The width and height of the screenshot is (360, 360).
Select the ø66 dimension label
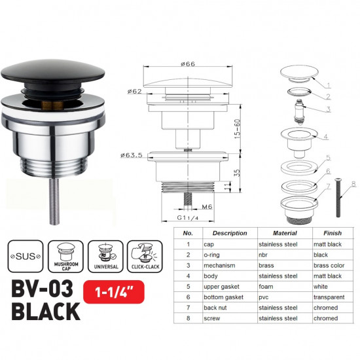[x=187, y=64]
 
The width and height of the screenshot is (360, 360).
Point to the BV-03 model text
[x=43, y=291]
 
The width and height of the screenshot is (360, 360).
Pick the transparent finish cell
[x=328, y=297]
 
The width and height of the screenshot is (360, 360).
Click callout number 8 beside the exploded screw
[x=353, y=185]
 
